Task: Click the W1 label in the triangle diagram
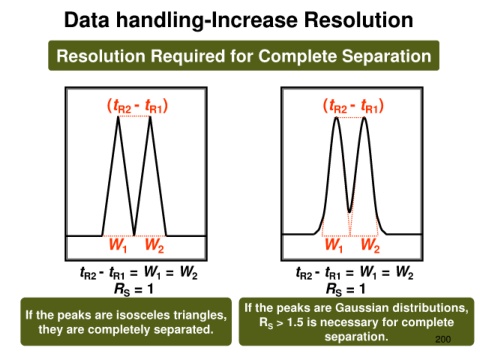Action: point(118,245)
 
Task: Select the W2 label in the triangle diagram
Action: point(154,245)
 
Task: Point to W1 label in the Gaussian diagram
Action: point(334,245)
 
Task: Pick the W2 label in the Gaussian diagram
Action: point(370,245)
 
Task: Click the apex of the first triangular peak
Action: point(118,116)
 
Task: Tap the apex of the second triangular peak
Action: point(150,116)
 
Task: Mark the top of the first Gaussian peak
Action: point(336,118)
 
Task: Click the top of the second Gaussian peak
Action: point(364,118)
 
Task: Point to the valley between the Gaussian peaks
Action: point(349,211)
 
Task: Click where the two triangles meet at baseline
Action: point(134,235)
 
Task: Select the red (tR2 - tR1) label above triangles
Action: point(137,106)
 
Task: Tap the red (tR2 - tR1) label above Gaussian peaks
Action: point(353,106)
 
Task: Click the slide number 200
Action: point(443,339)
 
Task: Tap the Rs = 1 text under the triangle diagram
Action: point(134,289)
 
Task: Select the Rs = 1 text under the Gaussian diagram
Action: point(345,289)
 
